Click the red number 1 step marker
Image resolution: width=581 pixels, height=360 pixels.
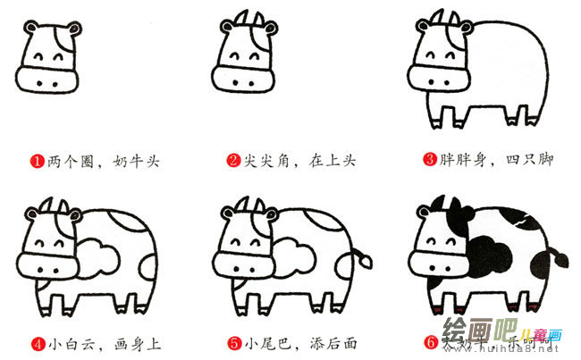click(x=38, y=162)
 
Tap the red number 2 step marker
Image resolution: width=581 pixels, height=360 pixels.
click(x=233, y=162)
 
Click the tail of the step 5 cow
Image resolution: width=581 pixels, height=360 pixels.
click(x=362, y=259)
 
